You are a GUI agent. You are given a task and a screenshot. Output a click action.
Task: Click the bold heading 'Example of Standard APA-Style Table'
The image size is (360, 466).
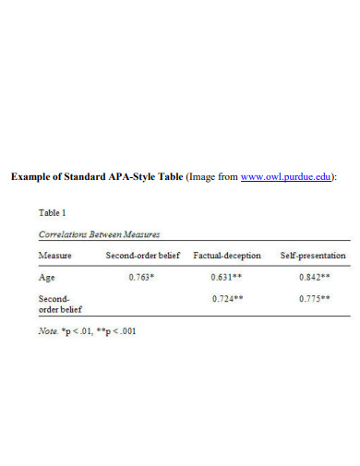96,177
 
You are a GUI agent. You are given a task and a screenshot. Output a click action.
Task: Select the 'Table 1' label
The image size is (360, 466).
52,212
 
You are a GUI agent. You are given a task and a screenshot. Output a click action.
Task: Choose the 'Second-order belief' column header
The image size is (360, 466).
141,255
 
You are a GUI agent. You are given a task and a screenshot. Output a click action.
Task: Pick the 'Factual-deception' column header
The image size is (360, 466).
226,255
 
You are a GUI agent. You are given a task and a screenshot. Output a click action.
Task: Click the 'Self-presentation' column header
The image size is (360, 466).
313,255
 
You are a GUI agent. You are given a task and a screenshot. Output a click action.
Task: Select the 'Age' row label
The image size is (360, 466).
46,276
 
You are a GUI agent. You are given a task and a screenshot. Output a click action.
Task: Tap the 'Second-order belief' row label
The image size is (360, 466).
55,304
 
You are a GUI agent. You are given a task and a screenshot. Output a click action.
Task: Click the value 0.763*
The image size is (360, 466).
141,276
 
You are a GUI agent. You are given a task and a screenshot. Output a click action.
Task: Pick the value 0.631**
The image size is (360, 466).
226,276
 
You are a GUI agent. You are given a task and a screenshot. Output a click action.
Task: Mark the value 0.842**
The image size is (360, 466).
315,276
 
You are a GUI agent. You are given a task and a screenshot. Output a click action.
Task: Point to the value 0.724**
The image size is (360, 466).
226,298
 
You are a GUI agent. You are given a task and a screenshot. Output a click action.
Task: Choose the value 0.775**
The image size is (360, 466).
315,298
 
